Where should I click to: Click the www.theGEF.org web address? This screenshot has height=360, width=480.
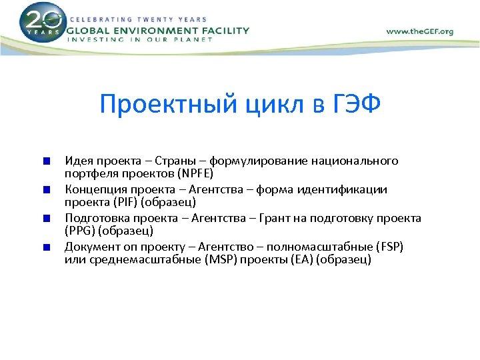click(420, 31)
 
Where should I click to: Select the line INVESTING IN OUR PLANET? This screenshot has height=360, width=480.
click(140, 39)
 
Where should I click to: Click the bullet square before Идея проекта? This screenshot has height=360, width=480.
click(45, 161)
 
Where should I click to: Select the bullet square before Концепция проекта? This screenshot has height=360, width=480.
click(45, 189)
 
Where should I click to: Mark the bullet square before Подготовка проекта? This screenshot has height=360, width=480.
click(45, 218)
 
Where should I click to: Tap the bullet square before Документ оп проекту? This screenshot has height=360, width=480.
click(45, 247)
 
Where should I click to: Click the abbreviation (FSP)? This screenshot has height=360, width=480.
click(389, 247)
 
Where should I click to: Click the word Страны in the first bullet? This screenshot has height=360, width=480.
click(179, 161)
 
